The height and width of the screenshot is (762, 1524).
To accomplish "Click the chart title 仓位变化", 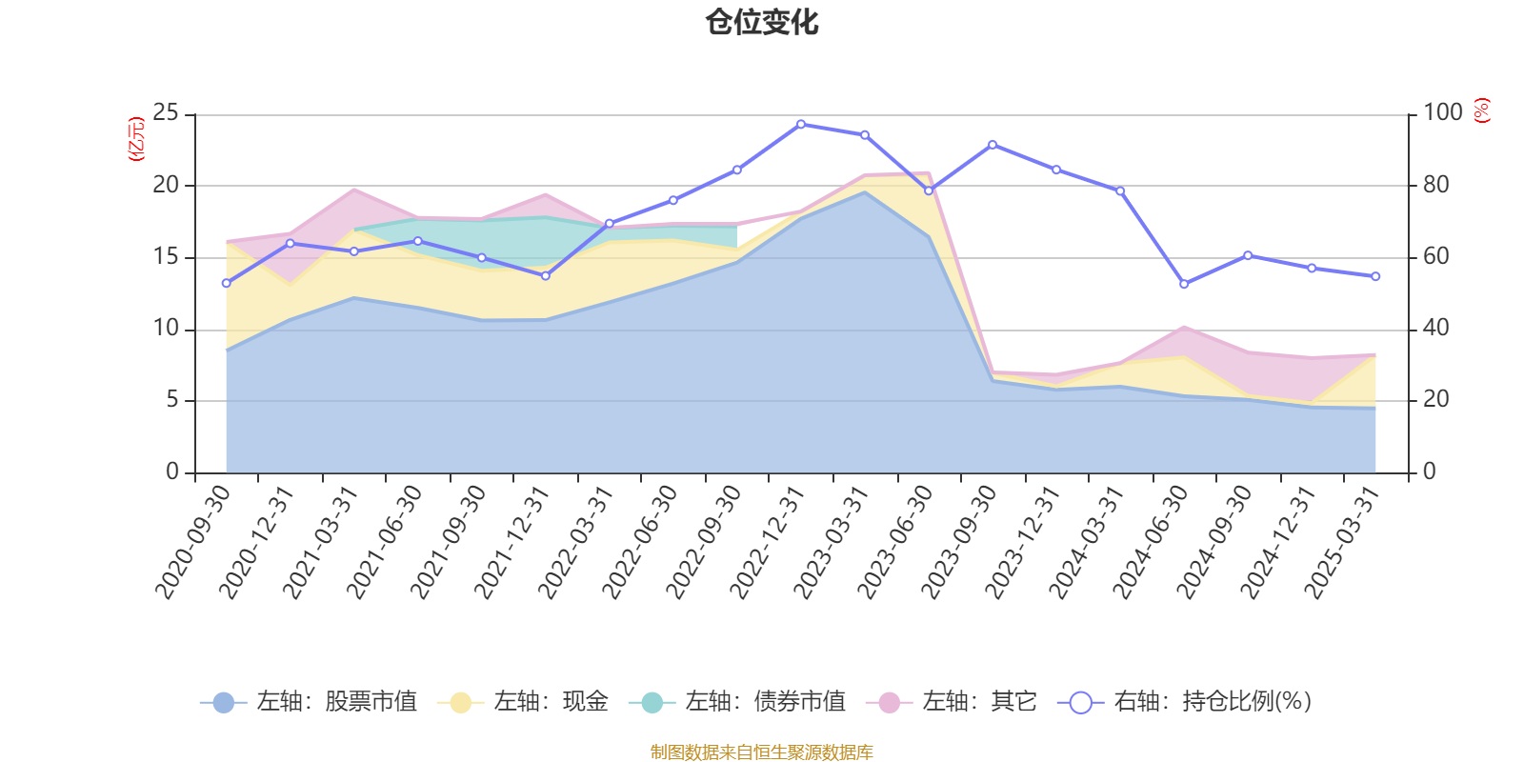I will pyautogui.click(x=762, y=22).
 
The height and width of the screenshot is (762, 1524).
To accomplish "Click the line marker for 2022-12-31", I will pyautogui.click(x=801, y=124).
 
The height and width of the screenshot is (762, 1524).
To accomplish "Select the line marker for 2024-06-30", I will pyautogui.click(x=1184, y=284).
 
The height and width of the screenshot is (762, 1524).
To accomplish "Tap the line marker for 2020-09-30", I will pyautogui.click(x=226, y=283).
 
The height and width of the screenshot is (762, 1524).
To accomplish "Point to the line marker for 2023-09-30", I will pyautogui.click(x=993, y=145).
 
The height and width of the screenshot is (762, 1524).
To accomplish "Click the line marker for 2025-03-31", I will pyautogui.click(x=1375, y=276).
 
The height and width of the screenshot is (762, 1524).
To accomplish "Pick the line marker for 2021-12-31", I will pyautogui.click(x=546, y=276).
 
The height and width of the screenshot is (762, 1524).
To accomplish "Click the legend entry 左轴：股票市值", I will pyautogui.click(x=310, y=702).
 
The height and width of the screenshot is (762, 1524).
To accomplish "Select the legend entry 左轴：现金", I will pyautogui.click(x=523, y=702).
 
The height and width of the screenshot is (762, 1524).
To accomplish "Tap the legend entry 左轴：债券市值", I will pyautogui.click(x=737, y=702).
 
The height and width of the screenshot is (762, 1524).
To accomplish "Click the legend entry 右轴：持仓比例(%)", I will pyautogui.click(x=1185, y=702).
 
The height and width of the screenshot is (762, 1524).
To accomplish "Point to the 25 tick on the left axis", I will pyautogui.click(x=166, y=112).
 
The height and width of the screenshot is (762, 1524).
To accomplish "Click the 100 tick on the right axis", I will pyautogui.click(x=1442, y=112).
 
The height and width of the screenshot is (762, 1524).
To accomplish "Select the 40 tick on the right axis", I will pyautogui.click(x=1436, y=328).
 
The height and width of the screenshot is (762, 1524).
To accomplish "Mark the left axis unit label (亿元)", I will pyautogui.click(x=136, y=139).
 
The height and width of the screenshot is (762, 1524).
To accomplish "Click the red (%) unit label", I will pyautogui.click(x=1481, y=110).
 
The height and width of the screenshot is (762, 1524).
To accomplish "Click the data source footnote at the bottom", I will pyautogui.click(x=762, y=752).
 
